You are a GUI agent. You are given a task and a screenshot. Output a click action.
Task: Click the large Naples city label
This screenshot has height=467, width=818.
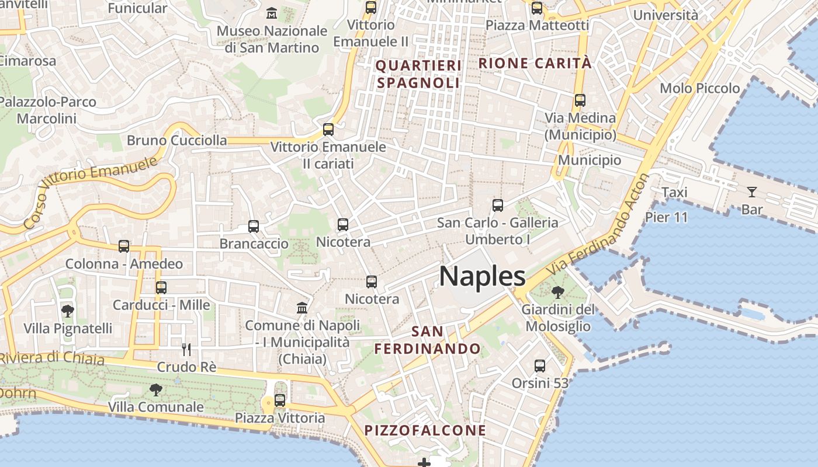pos(482,276)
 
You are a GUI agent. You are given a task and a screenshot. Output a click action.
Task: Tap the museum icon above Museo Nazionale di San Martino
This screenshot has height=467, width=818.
pos(272,13)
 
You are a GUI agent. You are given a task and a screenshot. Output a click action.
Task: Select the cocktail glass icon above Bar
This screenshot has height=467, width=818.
pos(751,191)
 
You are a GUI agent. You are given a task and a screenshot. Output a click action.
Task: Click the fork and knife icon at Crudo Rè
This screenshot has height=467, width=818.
pos(186,349)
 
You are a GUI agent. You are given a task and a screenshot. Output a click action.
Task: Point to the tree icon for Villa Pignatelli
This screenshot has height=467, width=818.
pos(68,311)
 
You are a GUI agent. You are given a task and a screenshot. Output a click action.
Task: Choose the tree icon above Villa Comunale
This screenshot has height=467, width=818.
pos(156,389)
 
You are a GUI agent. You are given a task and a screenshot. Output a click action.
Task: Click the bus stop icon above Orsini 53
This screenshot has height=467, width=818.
pos(539,366)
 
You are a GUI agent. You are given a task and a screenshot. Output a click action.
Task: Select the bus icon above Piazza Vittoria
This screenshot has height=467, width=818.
pos(280,400)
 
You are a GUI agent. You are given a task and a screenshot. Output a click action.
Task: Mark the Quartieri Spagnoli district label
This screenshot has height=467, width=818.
pos(418,74)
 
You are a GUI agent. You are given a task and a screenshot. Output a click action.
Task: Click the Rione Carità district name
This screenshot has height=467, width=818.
pos(535,63)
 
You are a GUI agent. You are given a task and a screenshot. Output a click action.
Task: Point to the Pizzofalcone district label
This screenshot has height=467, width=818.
pos(425,430)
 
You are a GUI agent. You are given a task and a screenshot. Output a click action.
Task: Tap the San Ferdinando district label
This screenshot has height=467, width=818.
pos(427,340)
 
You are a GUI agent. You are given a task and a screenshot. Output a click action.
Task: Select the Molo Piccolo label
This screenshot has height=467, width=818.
pos(699,88)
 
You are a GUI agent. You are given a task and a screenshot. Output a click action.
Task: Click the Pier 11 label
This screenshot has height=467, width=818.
pos(666,217)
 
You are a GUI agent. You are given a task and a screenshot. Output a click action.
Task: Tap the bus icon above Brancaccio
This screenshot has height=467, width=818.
pos(254,226)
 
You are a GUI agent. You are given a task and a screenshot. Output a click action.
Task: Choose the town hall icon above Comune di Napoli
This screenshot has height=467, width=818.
pos(302,308)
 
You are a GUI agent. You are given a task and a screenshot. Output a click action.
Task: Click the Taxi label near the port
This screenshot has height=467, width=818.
pos(674,192)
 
